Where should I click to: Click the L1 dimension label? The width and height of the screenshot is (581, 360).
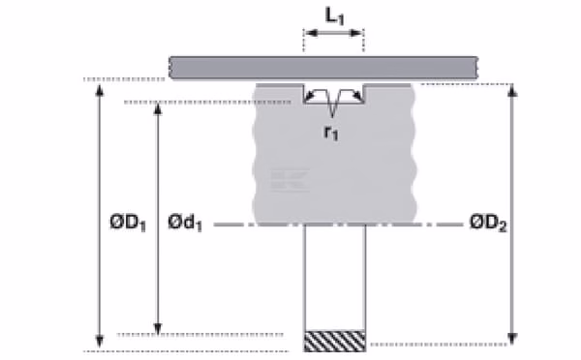(x=335, y=15)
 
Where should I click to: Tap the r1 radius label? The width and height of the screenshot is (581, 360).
(x=331, y=133)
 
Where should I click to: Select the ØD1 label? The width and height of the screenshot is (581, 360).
(x=128, y=223)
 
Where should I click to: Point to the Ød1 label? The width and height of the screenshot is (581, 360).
(x=185, y=223)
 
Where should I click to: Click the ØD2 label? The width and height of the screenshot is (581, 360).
(x=488, y=223)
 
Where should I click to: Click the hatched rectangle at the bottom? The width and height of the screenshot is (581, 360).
(x=335, y=341)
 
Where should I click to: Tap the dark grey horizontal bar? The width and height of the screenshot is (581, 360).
(x=323, y=68)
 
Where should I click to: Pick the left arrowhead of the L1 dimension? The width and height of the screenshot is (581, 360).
(x=311, y=33)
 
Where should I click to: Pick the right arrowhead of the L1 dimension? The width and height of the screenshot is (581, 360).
(x=356, y=33)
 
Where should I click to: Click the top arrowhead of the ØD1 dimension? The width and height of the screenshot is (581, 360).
(x=100, y=90)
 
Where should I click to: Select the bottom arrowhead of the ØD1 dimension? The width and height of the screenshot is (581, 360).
(x=100, y=341)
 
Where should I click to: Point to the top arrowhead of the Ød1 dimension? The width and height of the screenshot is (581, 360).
(x=158, y=109)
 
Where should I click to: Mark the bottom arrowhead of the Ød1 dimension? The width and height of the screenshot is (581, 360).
(x=158, y=328)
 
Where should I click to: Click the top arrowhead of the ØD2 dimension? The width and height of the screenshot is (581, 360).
(x=512, y=90)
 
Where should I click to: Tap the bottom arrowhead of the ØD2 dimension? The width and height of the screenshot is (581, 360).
(x=512, y=339)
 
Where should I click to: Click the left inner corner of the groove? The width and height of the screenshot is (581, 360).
(x=304, y=103)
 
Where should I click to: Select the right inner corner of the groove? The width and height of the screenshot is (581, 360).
(x=363, y=103)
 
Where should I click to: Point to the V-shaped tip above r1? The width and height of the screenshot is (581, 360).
(x=332, y=116)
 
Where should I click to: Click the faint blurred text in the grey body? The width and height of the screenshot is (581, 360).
(x=290, y=180)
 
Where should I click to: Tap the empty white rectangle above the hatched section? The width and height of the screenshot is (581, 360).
(x=335, y=278)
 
